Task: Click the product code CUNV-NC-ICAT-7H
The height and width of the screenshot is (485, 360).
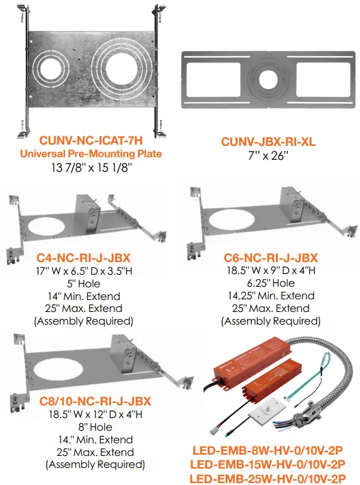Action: [91, 140]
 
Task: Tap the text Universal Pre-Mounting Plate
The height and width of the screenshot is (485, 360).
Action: [91, 153]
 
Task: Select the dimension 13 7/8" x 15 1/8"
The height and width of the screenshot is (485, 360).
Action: [92, 167]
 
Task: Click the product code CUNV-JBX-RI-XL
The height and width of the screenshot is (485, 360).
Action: [268, 141]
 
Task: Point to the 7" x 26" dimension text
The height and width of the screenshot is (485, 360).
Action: [268, 155]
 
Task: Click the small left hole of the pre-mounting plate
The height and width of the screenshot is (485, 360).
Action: [50, 69]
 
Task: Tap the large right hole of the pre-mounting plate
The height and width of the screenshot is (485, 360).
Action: [121, 69]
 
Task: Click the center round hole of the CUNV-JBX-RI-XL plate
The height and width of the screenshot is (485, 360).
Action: [268, 80]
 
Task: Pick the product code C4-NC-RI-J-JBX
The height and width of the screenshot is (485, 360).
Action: [83, 258]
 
